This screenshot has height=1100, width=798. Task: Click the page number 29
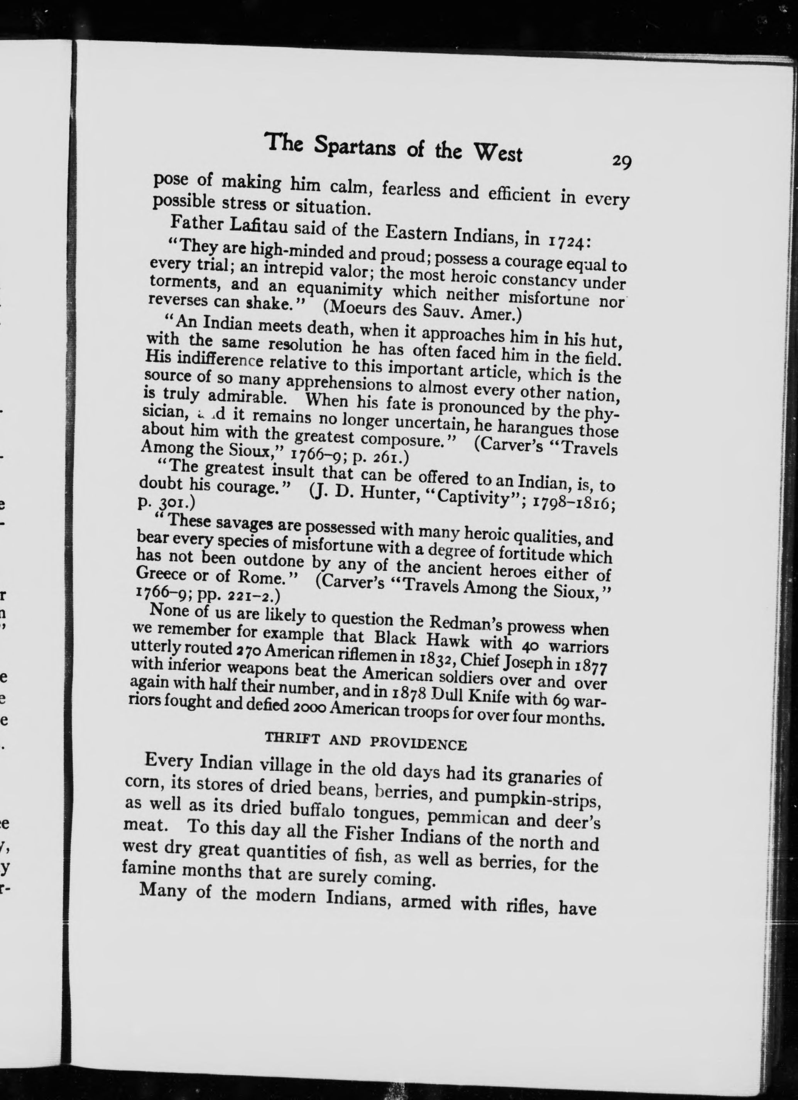pos(621,161)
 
